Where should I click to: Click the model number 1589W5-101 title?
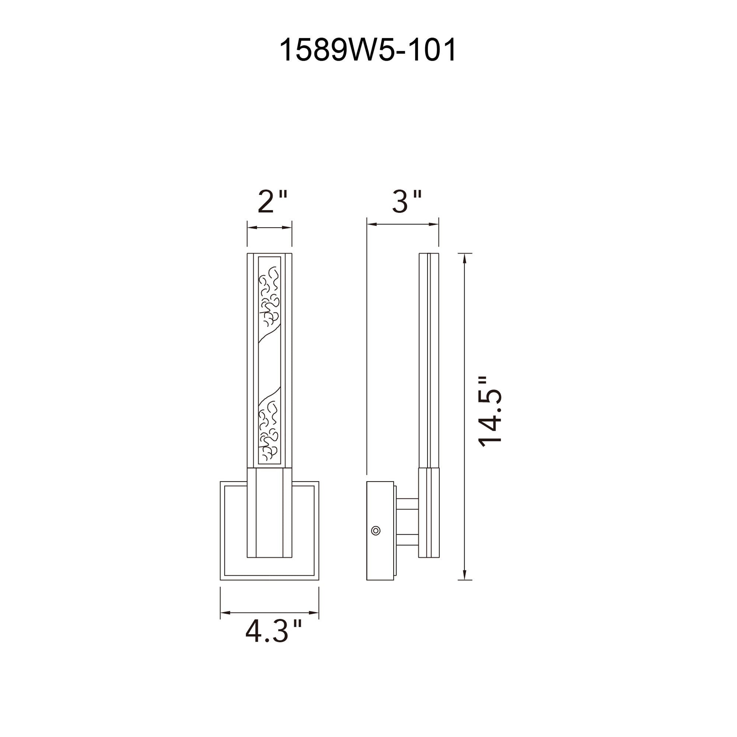(368, 50)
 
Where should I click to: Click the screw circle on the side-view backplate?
(376, 531)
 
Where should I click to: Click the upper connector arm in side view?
(408, 503)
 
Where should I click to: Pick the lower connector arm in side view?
(408, 539)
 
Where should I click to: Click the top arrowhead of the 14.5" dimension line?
(465, 258)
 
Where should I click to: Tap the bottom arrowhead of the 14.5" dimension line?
(465, 575)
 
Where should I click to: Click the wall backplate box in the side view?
(380, 531)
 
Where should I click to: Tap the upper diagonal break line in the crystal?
(269, 334)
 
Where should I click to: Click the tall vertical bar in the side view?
(429, 359)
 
